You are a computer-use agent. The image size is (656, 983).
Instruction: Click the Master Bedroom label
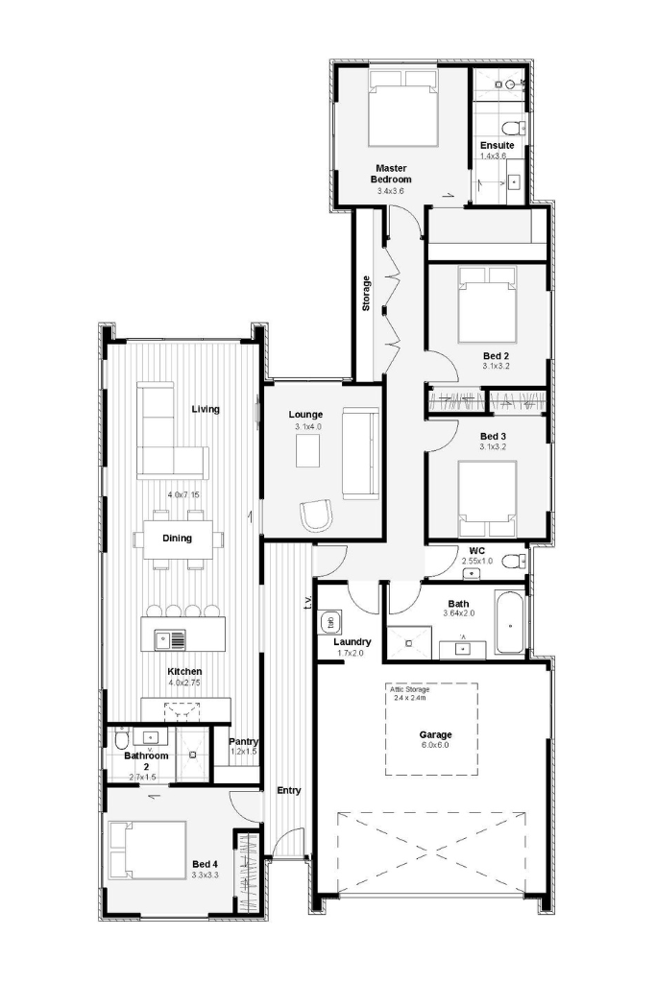pyautogui.click(x=391, y=174)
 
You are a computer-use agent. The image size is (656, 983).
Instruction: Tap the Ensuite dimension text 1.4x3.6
pyautogui.click(x=493, y=156)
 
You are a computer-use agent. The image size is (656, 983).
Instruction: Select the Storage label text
pyautogui.click(x=366, y=294)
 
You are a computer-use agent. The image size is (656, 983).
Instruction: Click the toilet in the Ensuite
pyautogui.click(x=516, y=128)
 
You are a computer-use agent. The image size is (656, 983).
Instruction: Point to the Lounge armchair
pyautogui.click(x=316, y=515)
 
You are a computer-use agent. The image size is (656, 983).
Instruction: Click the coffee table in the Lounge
pyautogui.click(x=308, y=451)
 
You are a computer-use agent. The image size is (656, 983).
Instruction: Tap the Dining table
pyautogui.click(x=178, y=539)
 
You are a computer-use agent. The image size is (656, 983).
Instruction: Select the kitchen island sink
pyautogui.click(x=170, y=640)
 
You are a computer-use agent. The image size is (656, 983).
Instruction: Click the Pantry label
pyautogui.click(x=243, y=742)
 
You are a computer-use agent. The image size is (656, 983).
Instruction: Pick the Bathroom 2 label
pyautogui.click(x=146, y=761)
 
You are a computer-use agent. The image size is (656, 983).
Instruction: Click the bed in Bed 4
pyautogui.click(x=147, y=852)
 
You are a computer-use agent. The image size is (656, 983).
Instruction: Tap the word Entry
pyautogui.click(x=289, y=791)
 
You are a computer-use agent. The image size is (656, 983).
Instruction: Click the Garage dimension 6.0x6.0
pyautogui.click(x=435, y=745)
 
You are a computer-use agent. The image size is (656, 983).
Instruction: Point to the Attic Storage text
pyautogui.click(x=410, y=689)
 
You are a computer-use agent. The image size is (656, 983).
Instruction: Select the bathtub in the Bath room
pyautogui.click(x=510, y=622)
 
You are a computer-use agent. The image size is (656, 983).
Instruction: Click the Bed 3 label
pyautogui.click(x=493, y=437)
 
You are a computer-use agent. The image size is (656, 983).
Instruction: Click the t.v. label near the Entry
pyautogui.click(x=308, y=602)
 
